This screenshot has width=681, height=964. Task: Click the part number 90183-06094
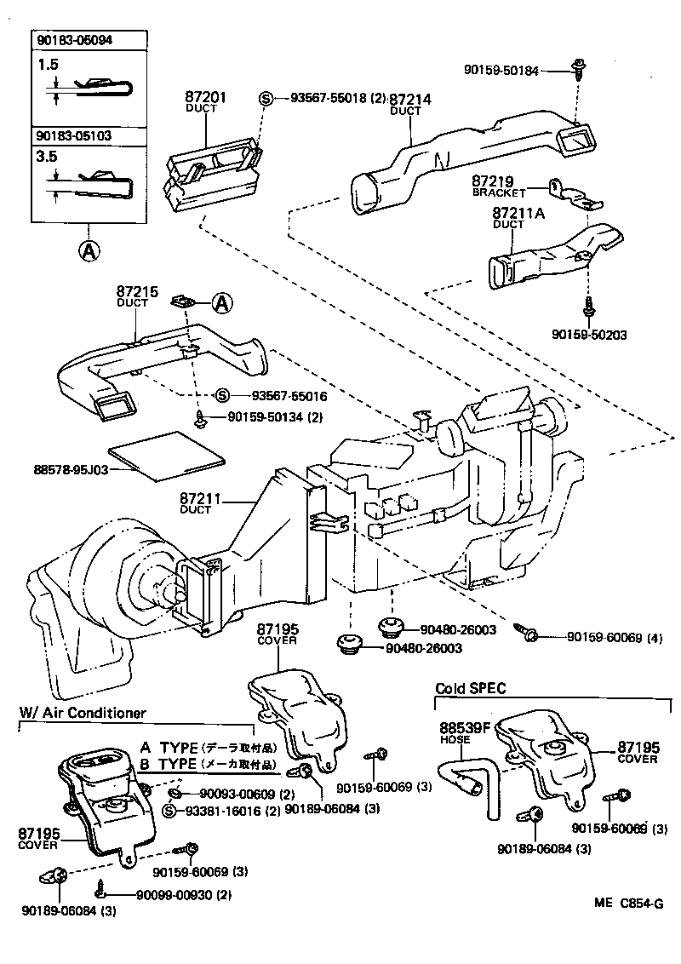tap(75, 40)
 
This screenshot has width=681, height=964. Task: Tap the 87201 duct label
tap(205, 98)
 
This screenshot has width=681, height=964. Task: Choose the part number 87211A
tap(519, 214)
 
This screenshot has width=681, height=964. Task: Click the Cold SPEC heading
tap(465, 688)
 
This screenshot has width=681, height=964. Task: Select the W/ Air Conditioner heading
tap(83, 713)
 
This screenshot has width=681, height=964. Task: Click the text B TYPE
tap(168, 766)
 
